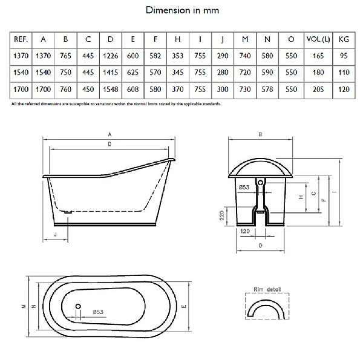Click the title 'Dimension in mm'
point(182,10)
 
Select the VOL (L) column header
point(316,39)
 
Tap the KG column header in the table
point(344,39)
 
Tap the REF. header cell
point(19,39)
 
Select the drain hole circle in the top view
point(78,306)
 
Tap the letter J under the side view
point(55,232)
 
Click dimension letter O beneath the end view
point(260,246)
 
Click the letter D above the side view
point(109,145)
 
